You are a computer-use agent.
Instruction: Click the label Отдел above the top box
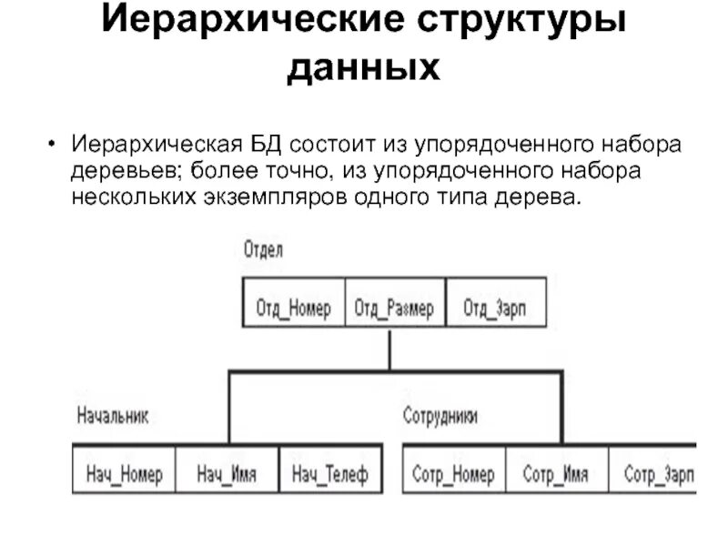pos(263,248)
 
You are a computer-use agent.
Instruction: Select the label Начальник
pos(112,416)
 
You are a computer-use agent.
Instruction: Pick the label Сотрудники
pos(440,416)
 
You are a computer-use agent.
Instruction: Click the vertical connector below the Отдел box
pos(389,348)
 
